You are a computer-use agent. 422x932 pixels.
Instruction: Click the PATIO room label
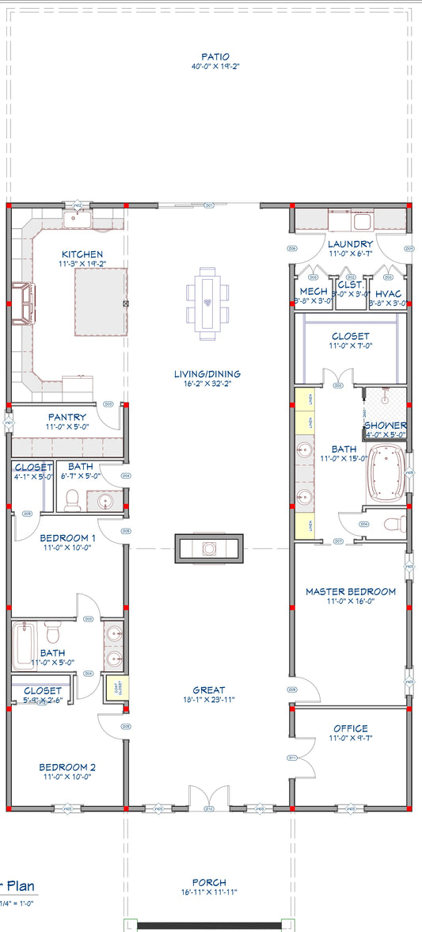(215, 57)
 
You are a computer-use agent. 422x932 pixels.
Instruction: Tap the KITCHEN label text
(83, 254)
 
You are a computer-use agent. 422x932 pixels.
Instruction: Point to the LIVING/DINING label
(208, 374)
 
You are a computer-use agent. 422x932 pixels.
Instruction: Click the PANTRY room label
(67, 417)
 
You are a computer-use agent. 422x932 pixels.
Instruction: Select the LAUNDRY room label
(350, 244)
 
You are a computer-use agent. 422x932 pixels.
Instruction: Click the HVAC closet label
(389, 293)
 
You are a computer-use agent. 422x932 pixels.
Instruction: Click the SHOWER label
(385, 426)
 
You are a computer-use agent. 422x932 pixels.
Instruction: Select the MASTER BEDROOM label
(350, 591)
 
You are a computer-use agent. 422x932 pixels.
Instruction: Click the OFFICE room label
(350, 728)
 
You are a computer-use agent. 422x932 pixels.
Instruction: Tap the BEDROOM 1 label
(67, 538)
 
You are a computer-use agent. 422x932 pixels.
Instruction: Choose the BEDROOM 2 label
(67, 767)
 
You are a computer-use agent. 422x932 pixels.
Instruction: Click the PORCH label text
(209, 882)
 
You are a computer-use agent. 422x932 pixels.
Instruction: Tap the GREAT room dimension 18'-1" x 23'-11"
(208, 700)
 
